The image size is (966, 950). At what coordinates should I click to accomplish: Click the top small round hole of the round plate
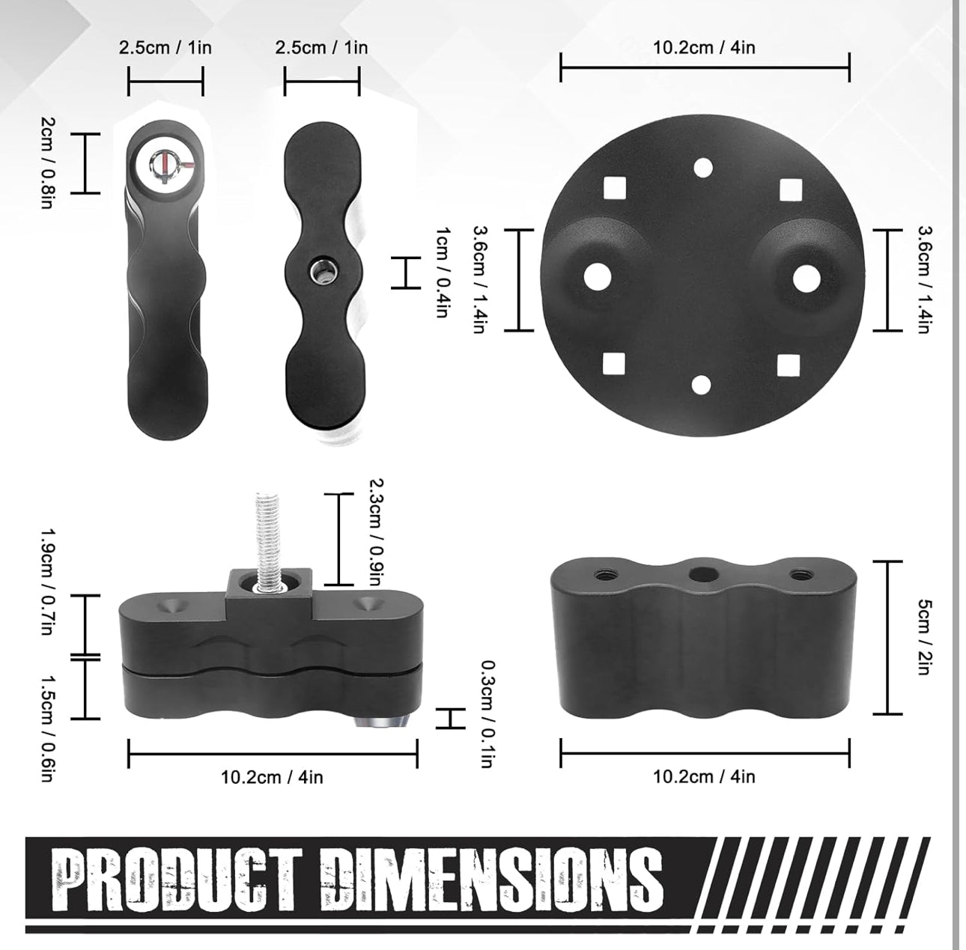point(703,168)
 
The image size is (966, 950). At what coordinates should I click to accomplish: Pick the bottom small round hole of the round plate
point(702,385)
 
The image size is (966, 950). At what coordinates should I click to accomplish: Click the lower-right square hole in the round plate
point(789,365)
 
